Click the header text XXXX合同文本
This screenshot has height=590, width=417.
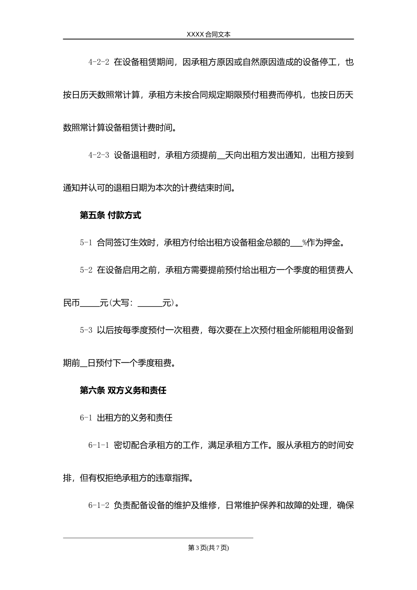pyautogui.click(x=208, y=35)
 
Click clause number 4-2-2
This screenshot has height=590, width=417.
pyautogui.click(x=98, y=62)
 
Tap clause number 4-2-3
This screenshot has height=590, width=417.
pyautogui.click(x=98, y=155)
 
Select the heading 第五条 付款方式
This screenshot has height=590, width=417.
pyautogui.click(x=110, y=216)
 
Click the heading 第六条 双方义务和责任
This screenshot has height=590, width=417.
pyautogui.click(x=123, y=390)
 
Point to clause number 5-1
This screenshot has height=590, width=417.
pyautogui.click(x=86, y=242)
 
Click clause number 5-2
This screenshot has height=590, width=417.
pyautogui.click(x=86, y=270)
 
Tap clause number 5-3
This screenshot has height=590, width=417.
pyautogui.click(x=86, y=330)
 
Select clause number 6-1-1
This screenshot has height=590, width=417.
pyautogui.click(x=98, y=445)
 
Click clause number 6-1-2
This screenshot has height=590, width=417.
pyautogui.click(x=98, y=505)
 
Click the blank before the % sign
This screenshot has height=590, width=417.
pyautogui.click(x=296, y=244)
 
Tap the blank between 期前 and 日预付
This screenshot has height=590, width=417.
pyautogui.click(x=84, y=364)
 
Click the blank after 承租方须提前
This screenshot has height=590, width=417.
pyautogui.click(x=221, y=156)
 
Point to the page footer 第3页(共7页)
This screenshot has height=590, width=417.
pyautogui.click(x=208, y=547)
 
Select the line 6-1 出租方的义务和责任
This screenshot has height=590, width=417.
pyautogui.click(x=126, y=418)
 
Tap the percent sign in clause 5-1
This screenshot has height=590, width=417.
pyautogui.click(x=304, y=243)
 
